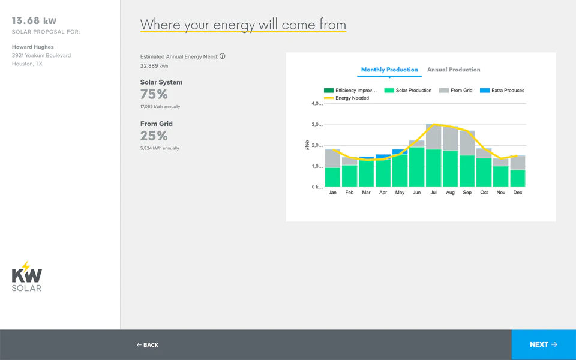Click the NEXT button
point(544,344)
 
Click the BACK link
point(148,345)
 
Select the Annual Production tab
point(454,70)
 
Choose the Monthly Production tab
point(389,70)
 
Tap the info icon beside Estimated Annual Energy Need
point(222,56)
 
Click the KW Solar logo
point(26,276)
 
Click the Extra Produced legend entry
point(502,91)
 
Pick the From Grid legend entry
point(456,91)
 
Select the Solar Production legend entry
point(408,91)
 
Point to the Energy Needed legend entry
point(346,98)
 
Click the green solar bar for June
point(416,167)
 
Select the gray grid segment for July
point(433,136)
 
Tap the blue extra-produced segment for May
point(400,152)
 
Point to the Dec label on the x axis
point(518,193)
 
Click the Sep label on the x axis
point(467,193)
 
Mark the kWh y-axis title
point(307,145)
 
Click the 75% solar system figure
point(154,94)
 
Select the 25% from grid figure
point(154,136)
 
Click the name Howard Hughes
point(32,47)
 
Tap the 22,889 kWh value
point(154,66)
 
